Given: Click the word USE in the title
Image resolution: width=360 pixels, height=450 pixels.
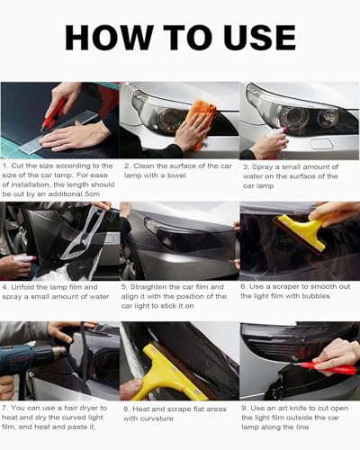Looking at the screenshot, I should pyautogui.click(x=256, y=37).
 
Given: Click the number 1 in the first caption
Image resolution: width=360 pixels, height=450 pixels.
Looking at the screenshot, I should pyautogui.click(x=5, y=166).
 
